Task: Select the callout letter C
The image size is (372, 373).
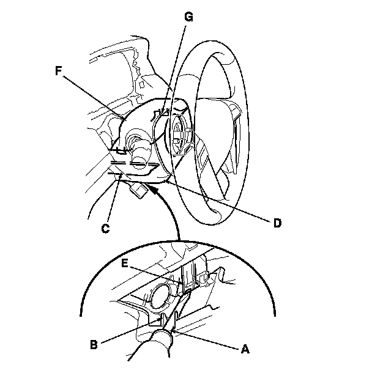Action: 105,229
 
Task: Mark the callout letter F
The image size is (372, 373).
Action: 59,72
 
